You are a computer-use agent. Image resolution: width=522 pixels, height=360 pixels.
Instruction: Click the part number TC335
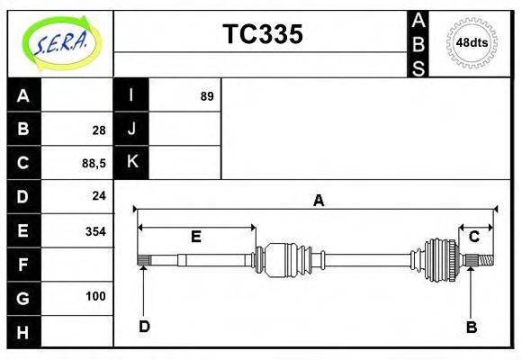tap(262, 34)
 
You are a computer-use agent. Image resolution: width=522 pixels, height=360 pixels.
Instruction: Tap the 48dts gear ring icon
tap(472, 42)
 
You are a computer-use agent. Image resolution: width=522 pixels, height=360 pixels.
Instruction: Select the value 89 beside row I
tap(207, 96)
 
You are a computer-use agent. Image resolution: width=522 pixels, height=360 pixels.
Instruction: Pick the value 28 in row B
tap(99, 130)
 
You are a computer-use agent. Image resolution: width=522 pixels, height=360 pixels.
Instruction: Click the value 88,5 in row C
tap(94, 164)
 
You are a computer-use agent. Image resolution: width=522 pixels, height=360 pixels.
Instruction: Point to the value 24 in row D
tap(99, 196)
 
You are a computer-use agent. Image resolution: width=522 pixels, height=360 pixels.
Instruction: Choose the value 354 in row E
tap(95, 231)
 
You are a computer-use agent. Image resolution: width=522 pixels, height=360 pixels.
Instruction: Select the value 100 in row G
tap(95, 296)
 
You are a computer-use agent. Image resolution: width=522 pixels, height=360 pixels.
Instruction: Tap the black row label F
tap(23, 265)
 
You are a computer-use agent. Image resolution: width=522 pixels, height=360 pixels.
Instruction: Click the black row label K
tap(131, 163)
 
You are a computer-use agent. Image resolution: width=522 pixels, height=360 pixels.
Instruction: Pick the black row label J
tap(131, 130)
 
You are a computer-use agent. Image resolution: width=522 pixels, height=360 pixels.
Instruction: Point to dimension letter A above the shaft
tap(318, 201)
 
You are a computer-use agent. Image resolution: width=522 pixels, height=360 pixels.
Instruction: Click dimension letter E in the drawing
tap(195, 237)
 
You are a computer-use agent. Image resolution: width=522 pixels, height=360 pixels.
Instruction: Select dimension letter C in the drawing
tap(473, 236)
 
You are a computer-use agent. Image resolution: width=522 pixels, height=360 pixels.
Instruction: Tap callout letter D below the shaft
tap(144, 326)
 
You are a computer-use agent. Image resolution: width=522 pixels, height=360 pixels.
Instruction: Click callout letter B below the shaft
tap(471, 327)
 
